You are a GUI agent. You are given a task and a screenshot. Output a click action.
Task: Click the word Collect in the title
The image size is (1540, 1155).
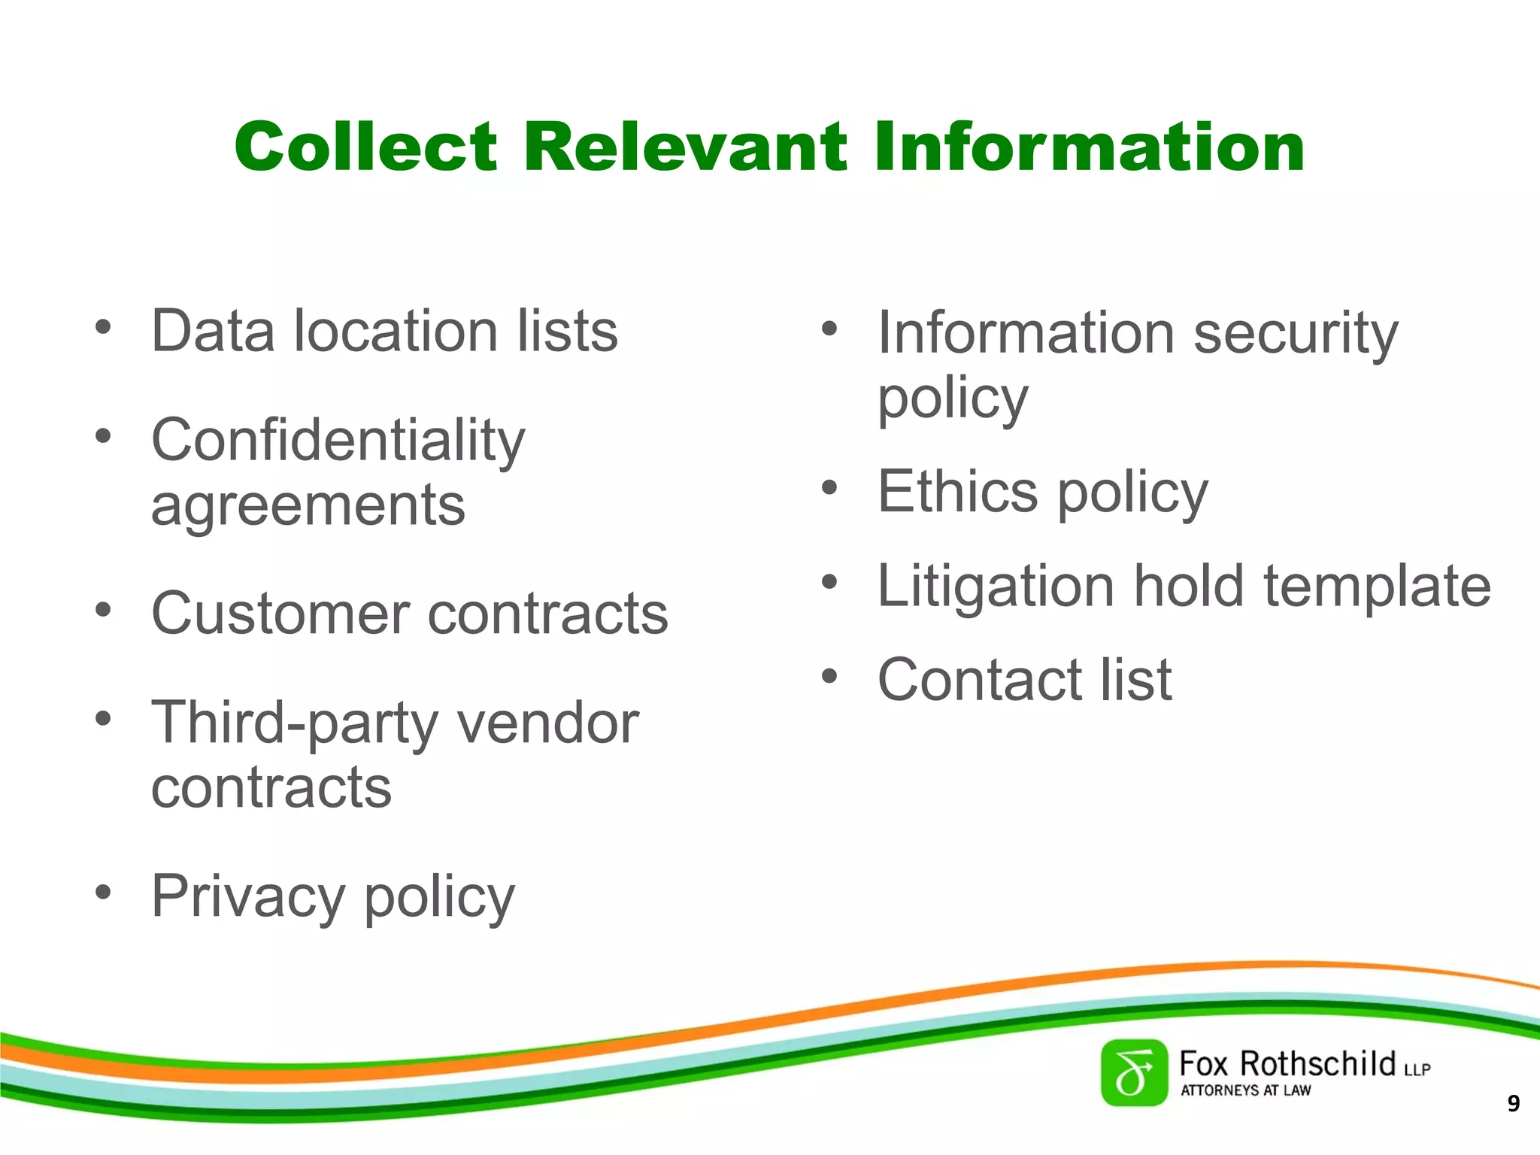(x=365, y=147)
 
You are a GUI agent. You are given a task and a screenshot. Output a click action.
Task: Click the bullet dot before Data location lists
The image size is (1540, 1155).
(x=103, y=328)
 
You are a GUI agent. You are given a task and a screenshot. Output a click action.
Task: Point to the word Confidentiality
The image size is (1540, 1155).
(x=338, y=441)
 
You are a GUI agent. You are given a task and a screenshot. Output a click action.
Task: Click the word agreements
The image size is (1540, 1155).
(x=308, y=505)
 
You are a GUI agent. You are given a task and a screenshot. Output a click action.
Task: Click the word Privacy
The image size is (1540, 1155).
(x=248, y=896)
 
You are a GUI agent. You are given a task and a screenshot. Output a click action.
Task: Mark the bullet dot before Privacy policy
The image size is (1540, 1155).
(x=103, y=893)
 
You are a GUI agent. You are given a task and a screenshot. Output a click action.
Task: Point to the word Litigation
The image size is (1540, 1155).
(x=996, y=587)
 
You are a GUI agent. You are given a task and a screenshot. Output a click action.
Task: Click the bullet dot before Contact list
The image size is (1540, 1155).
(x=829, y=676)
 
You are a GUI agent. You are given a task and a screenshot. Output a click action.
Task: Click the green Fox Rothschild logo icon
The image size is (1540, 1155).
(x=1134, y=1073)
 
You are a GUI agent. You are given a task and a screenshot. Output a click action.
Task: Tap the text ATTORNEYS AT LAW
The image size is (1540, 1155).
(x=1245, y=1090)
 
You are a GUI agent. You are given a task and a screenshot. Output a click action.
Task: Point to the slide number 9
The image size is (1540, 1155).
(x=1514, y=1104)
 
